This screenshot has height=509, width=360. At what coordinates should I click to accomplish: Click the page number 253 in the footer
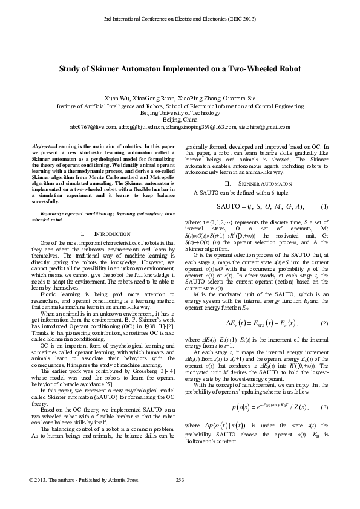coord(179,497)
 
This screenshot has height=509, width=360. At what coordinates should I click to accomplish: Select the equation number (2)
coord(324,307)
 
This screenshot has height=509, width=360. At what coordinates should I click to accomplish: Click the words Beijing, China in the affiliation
coord(180,120)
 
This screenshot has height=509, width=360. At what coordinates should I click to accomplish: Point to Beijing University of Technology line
coord(180,112)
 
